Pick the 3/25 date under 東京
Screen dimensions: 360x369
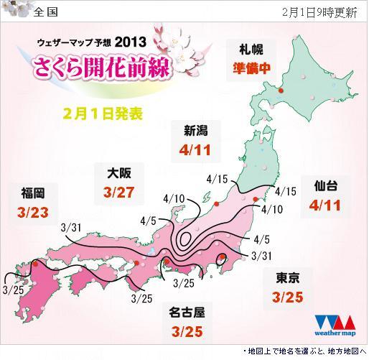coord(289,296)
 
